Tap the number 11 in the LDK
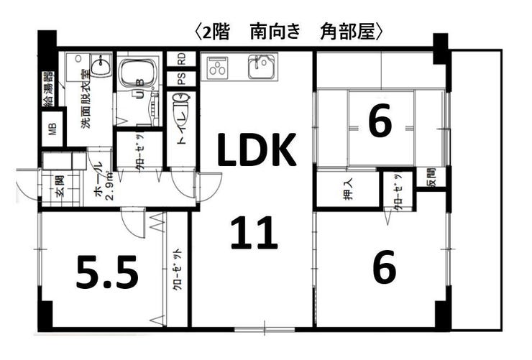point(254,233)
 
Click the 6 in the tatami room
point(380,121)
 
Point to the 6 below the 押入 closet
point(385,268)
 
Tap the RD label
point(182,58)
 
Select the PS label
point(182,78)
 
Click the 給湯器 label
point(49,90)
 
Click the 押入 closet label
point(348,191)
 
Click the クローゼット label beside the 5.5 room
point(177,269)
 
